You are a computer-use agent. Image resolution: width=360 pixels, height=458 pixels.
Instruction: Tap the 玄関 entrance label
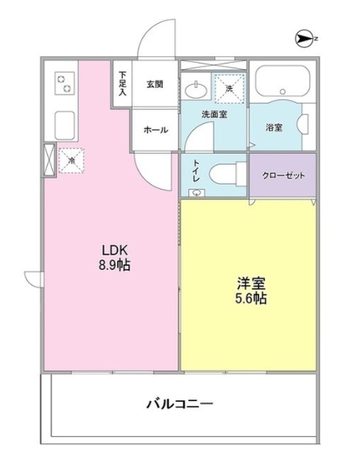point(155,83)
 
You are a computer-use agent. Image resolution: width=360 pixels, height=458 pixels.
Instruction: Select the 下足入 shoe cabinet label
point(122,83)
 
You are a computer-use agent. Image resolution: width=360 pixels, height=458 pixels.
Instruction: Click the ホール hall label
point(155,130)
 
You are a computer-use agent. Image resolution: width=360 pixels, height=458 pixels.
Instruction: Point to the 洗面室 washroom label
point(215,114)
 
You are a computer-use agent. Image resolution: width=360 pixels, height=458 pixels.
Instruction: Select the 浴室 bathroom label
point(274,128)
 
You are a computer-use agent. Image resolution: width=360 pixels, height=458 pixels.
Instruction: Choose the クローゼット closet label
point(282,174)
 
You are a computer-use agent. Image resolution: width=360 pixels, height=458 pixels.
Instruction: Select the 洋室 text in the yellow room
point(250,283)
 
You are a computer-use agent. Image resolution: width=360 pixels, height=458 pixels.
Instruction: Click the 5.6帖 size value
point(250,299)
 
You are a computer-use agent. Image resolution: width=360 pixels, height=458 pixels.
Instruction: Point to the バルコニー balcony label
point(180,403)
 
